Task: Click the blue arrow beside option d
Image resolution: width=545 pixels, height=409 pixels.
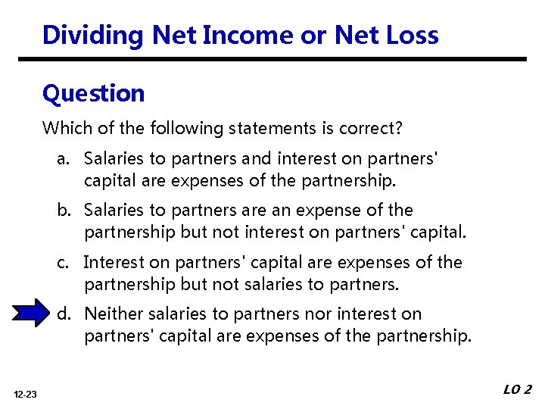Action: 31,314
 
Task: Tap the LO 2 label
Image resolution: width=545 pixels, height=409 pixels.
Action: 517,390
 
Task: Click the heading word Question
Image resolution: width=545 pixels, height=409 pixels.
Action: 93,93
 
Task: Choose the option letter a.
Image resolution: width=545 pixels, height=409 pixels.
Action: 61,159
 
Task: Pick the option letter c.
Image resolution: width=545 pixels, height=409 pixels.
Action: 61,262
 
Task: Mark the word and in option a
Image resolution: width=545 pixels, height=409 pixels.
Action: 255,159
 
